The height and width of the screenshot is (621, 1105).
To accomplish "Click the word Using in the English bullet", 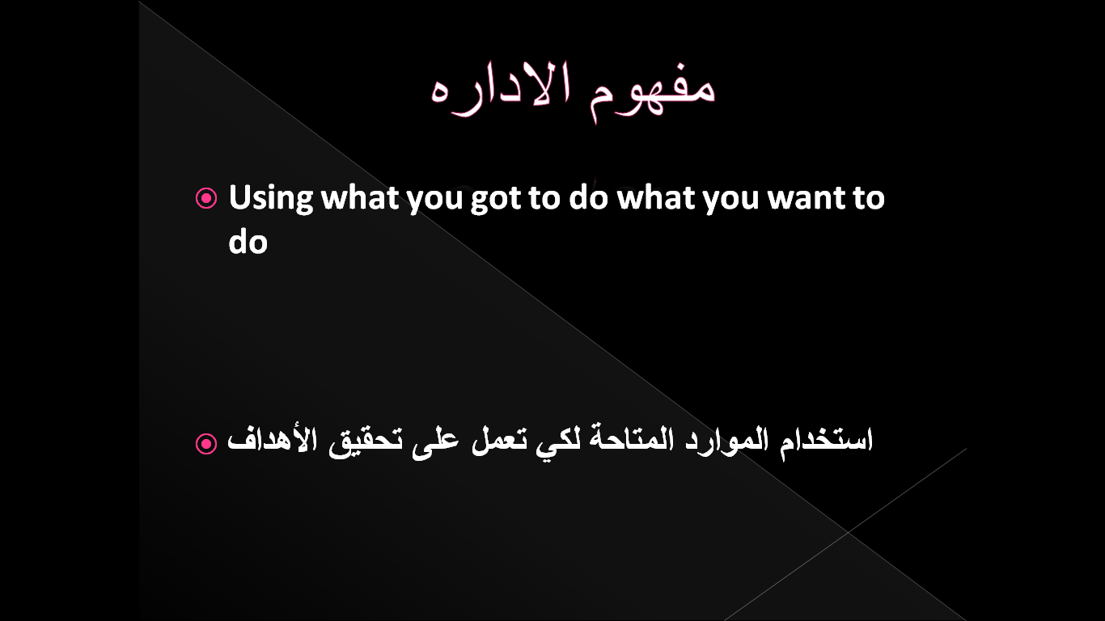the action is click(271, 198).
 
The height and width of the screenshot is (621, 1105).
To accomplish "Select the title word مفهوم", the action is click(652, 92).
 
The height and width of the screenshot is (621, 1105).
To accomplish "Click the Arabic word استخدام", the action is click(827, 440).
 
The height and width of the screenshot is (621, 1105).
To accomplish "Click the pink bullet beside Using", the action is click(206, 198).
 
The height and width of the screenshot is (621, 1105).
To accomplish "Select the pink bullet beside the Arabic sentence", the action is click(206, 443).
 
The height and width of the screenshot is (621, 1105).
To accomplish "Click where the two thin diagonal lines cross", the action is click(848, 532).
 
